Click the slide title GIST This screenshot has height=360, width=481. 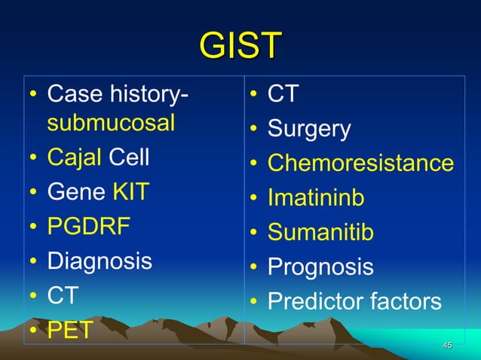(240, 46)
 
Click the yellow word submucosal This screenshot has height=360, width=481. (111, 124)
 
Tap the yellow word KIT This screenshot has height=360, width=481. (130, 193)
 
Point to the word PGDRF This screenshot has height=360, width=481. (90, 227)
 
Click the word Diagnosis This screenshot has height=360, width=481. (100, 261)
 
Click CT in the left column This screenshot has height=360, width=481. (63, 295)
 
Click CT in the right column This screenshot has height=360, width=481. (283, 95)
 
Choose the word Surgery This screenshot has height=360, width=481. (309, 130)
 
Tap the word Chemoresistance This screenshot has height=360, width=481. (360, 163)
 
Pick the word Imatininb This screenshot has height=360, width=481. (316, 198)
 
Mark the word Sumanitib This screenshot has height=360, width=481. (320, 233)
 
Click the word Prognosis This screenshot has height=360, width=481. (320, 267)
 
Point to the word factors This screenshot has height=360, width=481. (406, 301)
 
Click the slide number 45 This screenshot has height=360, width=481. (447, 345)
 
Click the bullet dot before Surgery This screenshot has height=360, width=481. (255, 130)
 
